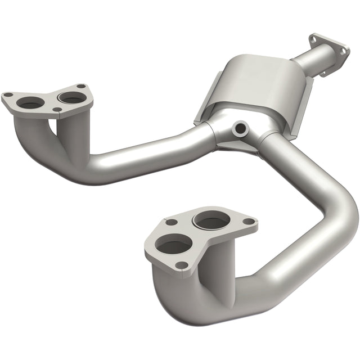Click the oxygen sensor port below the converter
click(x=241, y=129)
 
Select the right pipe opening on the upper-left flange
click(x=72, y=97)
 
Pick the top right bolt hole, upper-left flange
click(x=82, y=86)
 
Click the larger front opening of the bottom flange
click(x=173, y=245)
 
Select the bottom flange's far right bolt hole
click(x=247, y=221)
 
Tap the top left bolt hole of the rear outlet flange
click(x=313, y=39)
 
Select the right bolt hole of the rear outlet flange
click(x=342, y=50)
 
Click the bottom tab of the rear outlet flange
click(x=324, y=71)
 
